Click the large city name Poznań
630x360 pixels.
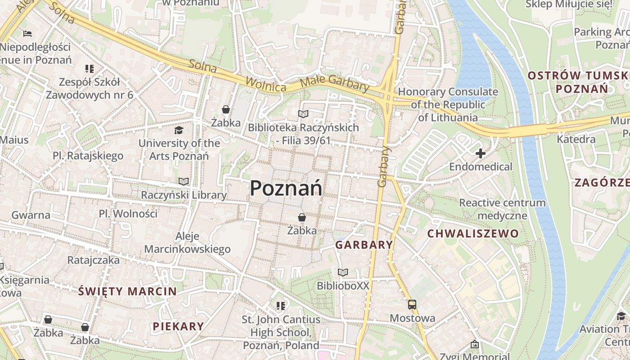pyautogui.click(x=286, y=188)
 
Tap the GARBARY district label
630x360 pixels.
pyautogui.click(x=364, y=245)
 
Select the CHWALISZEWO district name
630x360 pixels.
pyautogui.click(x=472, y=234)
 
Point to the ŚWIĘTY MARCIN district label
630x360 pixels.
pyautogui.click(x=128, y=291)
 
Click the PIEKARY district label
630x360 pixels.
pyautogui.click(x=178, y=326)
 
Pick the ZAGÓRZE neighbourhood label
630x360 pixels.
pyautogui.click(x=601, y=182)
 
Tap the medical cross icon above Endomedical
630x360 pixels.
pyautogui.click(x=480, y=153)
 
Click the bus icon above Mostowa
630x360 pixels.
pyautogui.click(x=412, y=305)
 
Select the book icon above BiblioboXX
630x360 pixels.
pyautogui.click(x=343, y=272)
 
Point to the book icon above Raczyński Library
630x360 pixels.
pyautogui.click(x=183, y=181)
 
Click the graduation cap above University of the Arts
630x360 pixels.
pyautogui.click(x=179, y=130)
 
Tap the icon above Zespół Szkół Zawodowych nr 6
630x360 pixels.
pyautogui.click(x=89, y=69)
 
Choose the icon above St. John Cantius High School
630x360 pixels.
pyautogui.click(x=281, y=306)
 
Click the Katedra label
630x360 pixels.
pyautogui.click(x=576, y=139)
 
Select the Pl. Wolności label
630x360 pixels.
pyautogui.click(x=128, y=213)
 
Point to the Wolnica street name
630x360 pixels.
pyautogui.click(x=266, y=84)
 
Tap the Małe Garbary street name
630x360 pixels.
pyautogui.click(x=334, y=83)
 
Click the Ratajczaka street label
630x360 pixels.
pyautogui.click(x=94, y=260)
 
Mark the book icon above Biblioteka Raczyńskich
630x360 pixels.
pyautogui.click(x=303, y=114)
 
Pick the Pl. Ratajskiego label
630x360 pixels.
pyautogui.click(x=88, y=156)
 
